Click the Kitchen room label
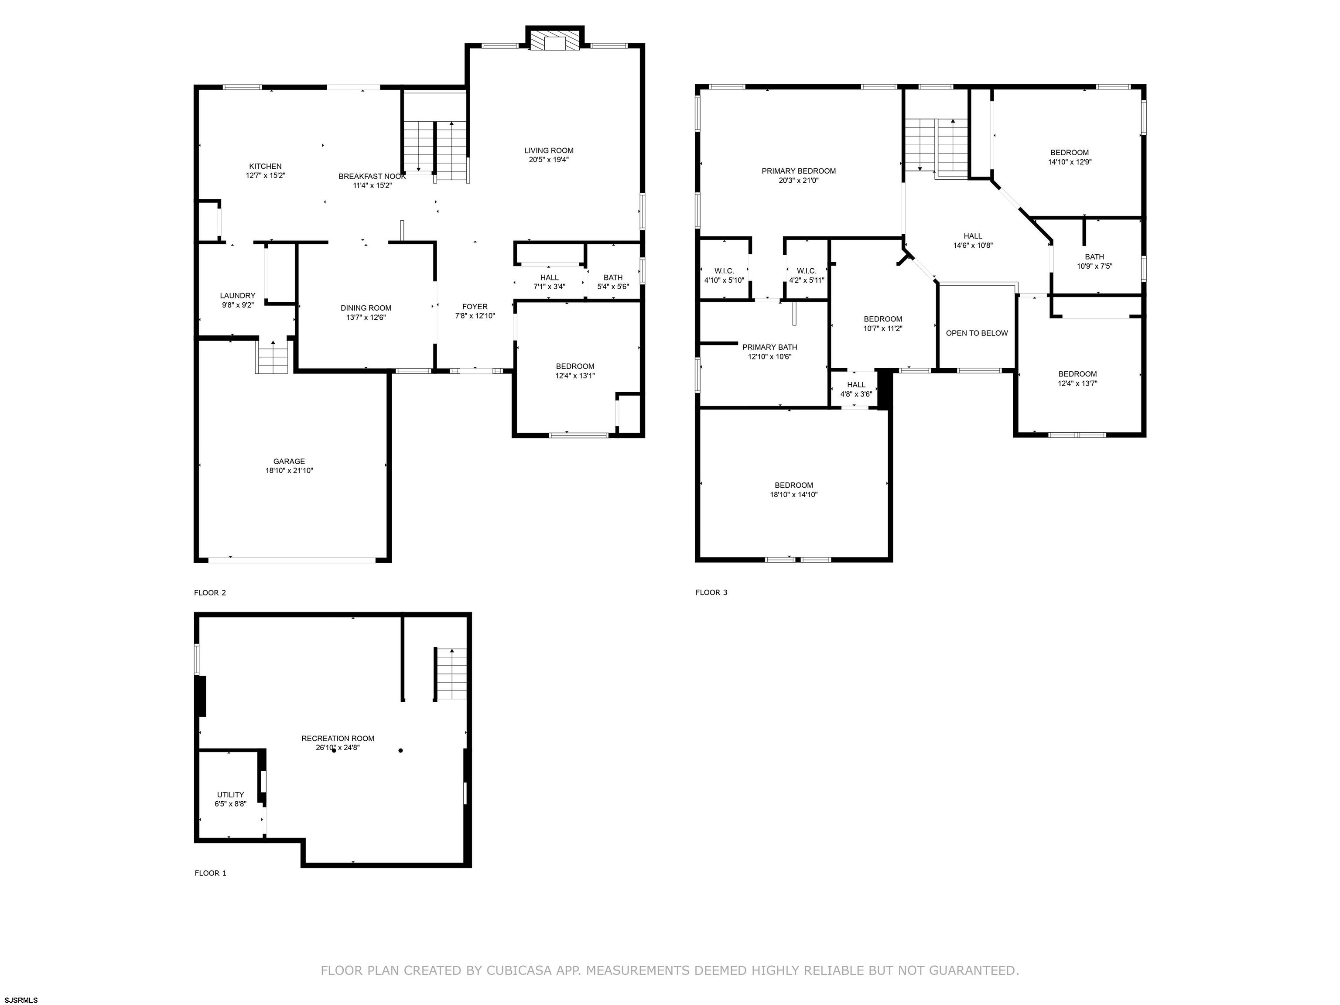[265, 167]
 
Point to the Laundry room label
[237, 296]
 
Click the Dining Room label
[366, 308]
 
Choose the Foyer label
[475, 307]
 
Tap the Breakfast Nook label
[372, 176]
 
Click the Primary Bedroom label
[798, 171]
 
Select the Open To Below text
[977, 333]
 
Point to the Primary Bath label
[769, 347]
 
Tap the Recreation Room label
[338, 738]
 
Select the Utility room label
[230, 795]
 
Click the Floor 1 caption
[210, 873]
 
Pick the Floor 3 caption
[711, 592]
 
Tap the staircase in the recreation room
[451, 673]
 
